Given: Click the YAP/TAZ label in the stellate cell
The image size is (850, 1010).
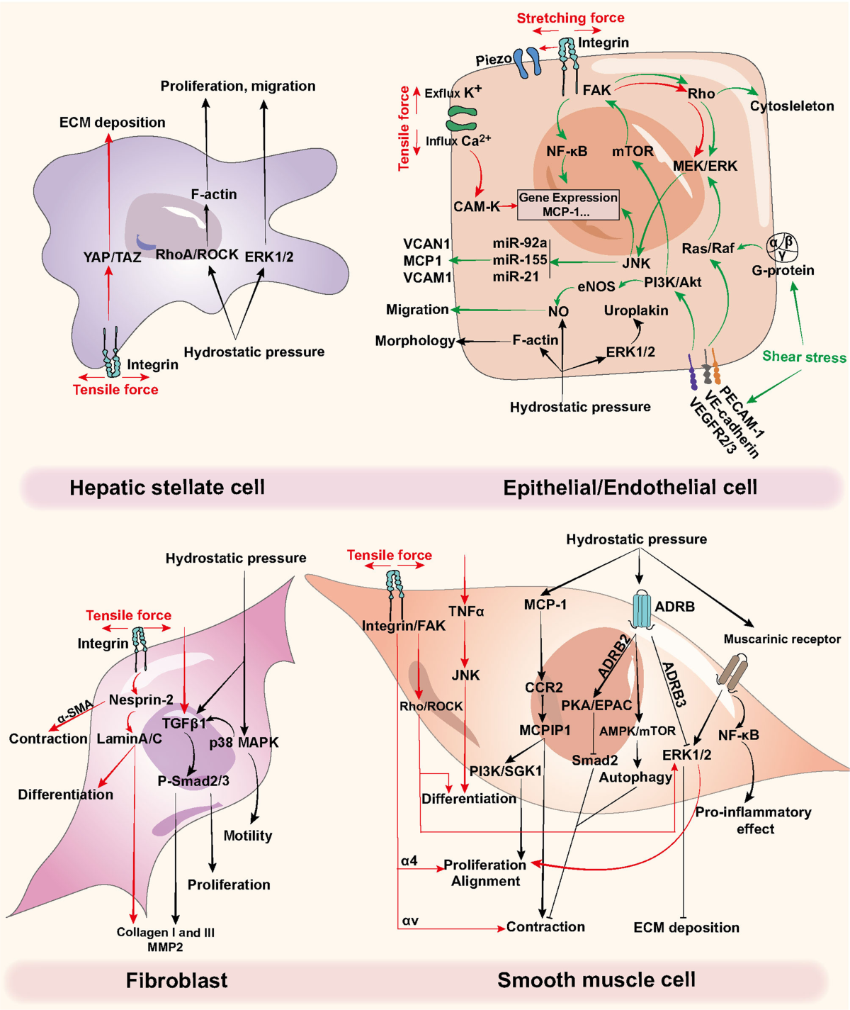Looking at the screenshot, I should click(x=112, y=257).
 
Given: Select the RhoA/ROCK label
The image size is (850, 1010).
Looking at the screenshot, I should click(x=197, y=254).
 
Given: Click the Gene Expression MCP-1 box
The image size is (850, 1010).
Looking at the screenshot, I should click(x=568, y=205).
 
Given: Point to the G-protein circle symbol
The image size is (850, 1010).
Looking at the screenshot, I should click(x=783, y=247).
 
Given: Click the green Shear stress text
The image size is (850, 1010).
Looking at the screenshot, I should click(x=804, y=357).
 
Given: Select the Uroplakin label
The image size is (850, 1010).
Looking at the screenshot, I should click(x=636, y=310).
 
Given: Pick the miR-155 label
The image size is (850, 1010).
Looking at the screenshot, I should click(x=520, y=260).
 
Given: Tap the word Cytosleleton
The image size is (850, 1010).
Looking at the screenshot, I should click(x=792, y=106).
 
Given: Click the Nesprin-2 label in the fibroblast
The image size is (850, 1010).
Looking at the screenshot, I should click(x=141, y=700).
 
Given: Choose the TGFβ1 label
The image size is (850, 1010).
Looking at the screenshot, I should click(x=184, y=724).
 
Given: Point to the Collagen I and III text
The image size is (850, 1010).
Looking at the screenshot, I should click(x=165, y=933).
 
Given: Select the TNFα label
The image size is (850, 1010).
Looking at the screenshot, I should click(x=466, y=611).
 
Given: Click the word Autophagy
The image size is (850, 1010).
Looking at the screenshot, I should click(x=635, y=778).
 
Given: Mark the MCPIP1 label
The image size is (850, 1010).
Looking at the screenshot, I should click(x=545, y=730).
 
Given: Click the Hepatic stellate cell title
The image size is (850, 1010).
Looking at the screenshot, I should click(x=167, y=488).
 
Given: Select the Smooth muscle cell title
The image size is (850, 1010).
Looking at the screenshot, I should click(x=596, y=980).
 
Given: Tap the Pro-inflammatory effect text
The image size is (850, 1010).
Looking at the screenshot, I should click(x=753, y=820).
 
